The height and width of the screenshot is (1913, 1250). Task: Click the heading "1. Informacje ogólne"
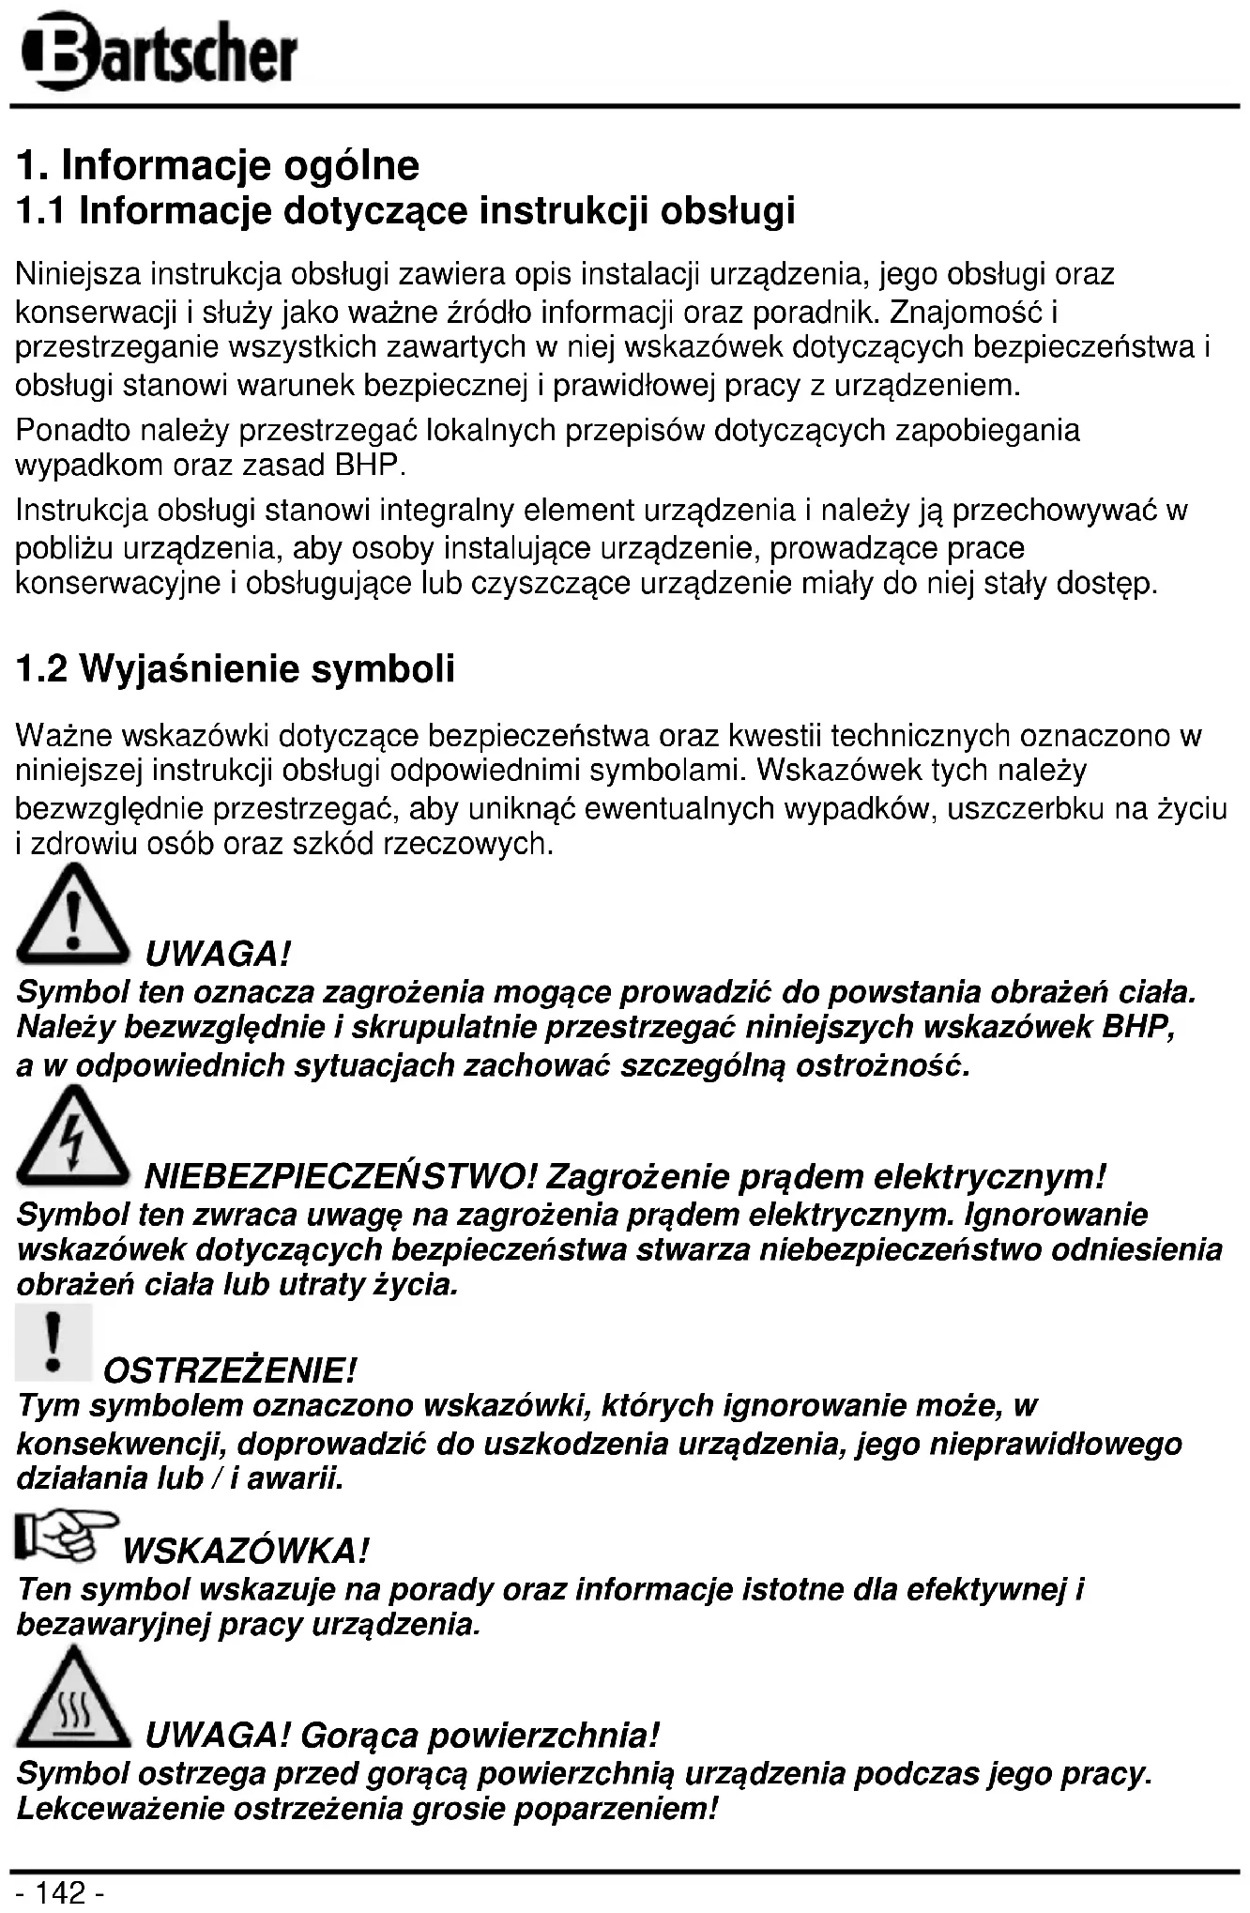[x=218, y=166]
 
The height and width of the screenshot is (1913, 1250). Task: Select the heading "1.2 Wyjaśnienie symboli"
[x=236, y=669]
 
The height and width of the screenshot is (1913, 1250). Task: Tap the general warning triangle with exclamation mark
[x=72, y=918]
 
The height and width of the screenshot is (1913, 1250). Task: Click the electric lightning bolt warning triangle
[x=72, y=1139]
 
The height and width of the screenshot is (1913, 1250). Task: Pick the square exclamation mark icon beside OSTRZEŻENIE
[x=53, y=1343]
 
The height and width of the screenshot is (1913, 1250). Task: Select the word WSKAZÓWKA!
[x=246, y=1550]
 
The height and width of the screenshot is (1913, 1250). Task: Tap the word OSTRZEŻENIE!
[x=230, y=1370]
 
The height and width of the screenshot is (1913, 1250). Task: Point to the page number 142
[x=62, y=1892]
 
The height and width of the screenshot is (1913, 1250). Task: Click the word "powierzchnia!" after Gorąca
[x=572, y=1735]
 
